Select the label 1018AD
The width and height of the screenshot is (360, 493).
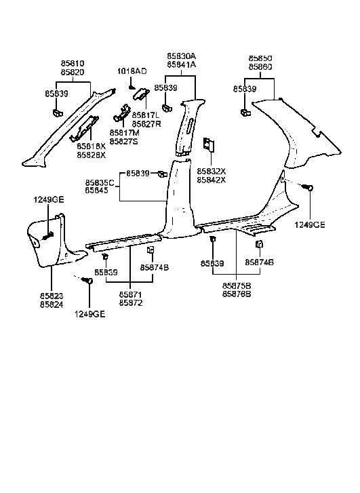[x=132, y=71]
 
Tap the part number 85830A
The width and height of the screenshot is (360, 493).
[x=182, y=56]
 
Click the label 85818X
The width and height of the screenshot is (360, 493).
[x=92, y=146]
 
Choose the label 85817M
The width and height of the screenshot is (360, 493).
[x=123, y=133]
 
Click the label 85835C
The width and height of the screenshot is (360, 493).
[x=100, y=183]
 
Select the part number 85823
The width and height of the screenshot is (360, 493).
[x=52, y=296]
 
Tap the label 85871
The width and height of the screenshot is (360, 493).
[x=130, y=296]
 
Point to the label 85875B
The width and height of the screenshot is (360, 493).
[x=236, y=286]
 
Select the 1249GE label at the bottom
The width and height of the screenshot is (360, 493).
[x=89, y=315]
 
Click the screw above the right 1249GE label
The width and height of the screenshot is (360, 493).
[x=308, y=188]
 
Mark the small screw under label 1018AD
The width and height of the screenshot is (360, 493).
[x=131, y=87]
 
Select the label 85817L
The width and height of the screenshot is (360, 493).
[x=145, y=115]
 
